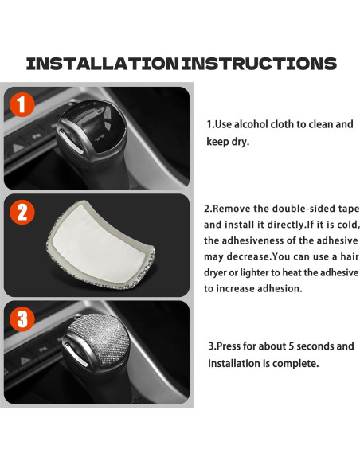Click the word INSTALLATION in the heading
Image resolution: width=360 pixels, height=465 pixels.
[102, 64]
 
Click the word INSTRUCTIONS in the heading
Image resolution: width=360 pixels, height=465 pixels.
[260, 64]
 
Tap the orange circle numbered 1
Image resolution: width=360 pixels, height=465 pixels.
[22, 104]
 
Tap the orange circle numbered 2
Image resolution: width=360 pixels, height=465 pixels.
[22, 212]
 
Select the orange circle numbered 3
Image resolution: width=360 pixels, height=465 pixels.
[22, 318]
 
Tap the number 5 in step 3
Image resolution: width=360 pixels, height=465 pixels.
[291, 346]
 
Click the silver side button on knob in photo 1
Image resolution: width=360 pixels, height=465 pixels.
[70, 142]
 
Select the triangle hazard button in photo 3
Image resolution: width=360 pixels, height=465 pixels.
[25, 361]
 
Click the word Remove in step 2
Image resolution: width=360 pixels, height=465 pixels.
[231, 209]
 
